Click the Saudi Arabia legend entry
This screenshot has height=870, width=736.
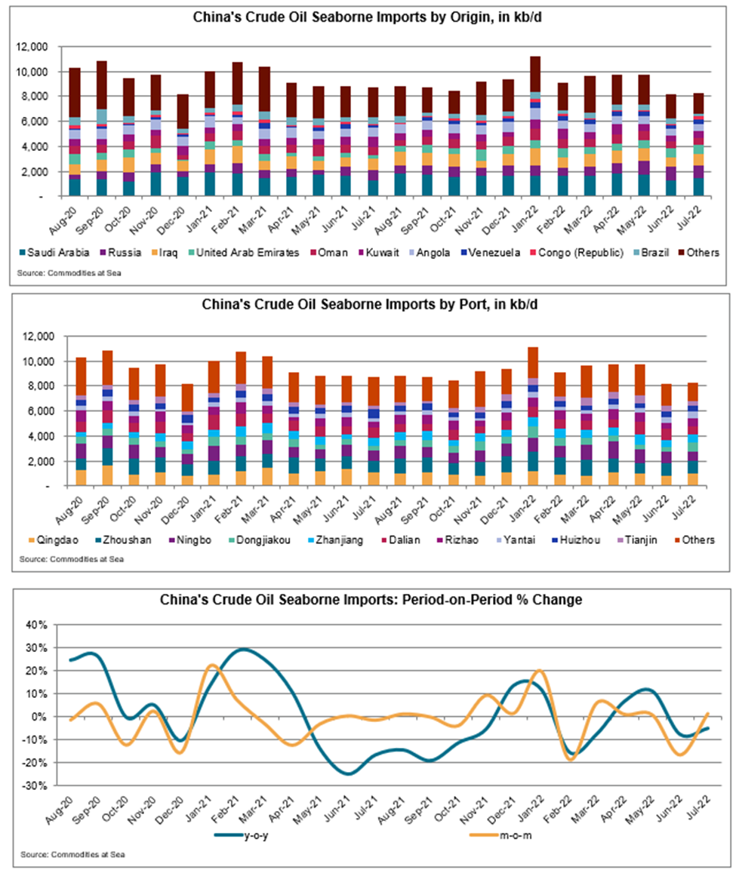pos(54,253)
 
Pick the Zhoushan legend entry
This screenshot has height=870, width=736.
pos(122,540)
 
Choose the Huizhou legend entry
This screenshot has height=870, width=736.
pos(575,540)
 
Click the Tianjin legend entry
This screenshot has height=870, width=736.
pos(636,540)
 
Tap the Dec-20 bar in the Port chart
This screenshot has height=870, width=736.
pos(188,435)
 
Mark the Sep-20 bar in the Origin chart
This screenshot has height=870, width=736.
pos(101,128)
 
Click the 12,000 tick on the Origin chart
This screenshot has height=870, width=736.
pos(32,48)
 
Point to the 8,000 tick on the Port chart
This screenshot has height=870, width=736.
pos(38,386)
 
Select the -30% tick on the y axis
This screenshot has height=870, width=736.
pos(36,785)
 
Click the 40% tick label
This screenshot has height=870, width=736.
pos(37,626)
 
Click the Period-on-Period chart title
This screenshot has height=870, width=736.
pos(371,600)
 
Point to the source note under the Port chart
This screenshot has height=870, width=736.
pos(72,559)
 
